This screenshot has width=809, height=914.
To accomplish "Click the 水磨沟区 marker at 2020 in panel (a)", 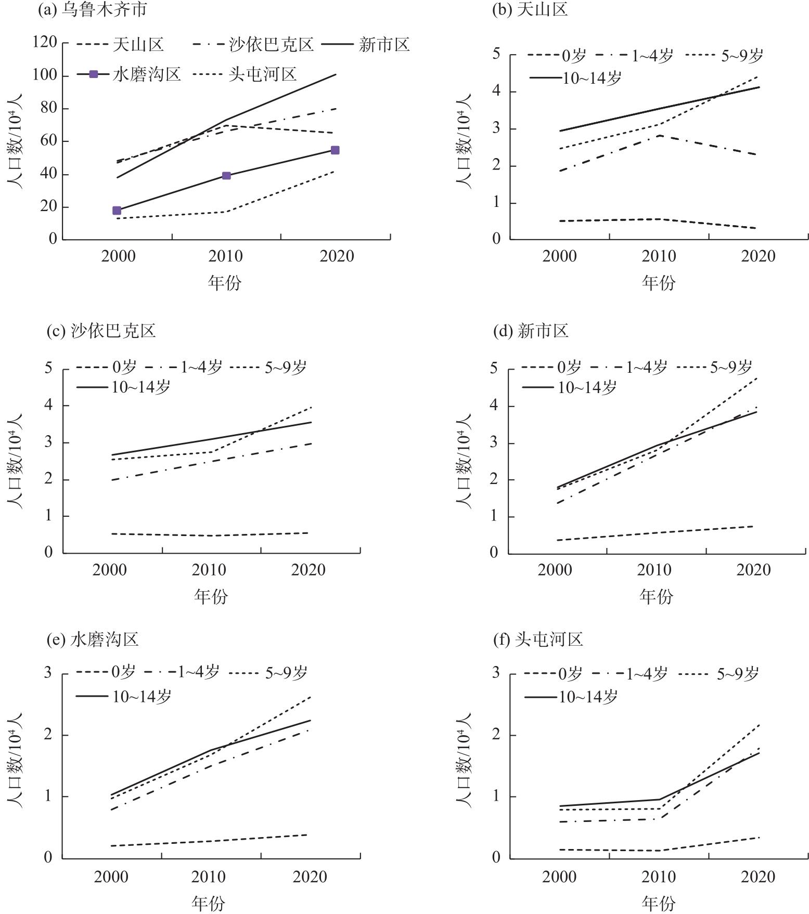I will [x=335, y=150].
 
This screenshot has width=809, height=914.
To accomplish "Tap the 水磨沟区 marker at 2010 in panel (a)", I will [x=226, y=176].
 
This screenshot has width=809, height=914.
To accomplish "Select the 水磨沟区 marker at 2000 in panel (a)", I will [x=117, y=211].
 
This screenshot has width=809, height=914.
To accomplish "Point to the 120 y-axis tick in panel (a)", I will [x=45, y=42].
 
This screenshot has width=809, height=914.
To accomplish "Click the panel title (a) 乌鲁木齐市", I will [x=92, y=9].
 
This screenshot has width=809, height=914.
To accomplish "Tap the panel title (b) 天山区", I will [x=530, y=9].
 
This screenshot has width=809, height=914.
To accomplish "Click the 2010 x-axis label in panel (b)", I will [x=659, y=256].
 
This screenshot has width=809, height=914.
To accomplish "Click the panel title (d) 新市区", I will [x=531, y=330].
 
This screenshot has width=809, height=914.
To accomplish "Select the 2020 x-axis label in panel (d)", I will [x=753, y=570].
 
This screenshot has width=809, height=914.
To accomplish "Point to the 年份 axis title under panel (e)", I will [x=209, y=903].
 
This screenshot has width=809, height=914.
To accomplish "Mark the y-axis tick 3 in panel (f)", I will [x=496, y=673].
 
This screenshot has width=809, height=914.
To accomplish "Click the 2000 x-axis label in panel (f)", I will [x=559, y=877].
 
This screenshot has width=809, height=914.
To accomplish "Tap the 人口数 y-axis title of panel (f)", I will [x=463, y=764].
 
